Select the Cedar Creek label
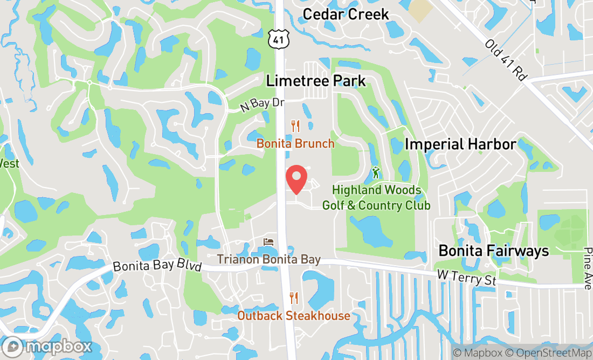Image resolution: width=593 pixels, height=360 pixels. click(x=346, y=14)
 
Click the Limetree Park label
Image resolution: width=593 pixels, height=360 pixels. click(x=316, y=81)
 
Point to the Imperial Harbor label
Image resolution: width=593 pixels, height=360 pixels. click(x=460, y=144)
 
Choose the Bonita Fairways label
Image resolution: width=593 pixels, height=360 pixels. click(x=493, y=251)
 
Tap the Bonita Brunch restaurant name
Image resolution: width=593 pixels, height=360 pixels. click(x=295, y=144)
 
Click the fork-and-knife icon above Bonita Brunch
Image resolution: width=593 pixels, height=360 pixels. click(x=295, y=126)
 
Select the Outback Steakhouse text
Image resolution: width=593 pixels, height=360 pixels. click(x=294, y=315)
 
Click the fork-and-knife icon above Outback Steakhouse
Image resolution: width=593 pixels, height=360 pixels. click(x=294, y=297)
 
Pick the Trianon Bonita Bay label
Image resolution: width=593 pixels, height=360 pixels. click(x=268, y=260)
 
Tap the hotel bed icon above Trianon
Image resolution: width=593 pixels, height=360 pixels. click(x=268, y=242)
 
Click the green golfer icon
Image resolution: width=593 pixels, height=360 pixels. click(x=376, y=173)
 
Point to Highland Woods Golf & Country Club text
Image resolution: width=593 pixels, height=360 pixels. click(x=376, y=198)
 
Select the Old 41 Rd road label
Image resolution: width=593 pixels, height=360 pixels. click(x=505, y=60)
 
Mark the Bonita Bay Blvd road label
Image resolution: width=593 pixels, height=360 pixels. click(x=157, y=267)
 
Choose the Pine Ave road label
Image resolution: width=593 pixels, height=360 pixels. click(x=587, y=268)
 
